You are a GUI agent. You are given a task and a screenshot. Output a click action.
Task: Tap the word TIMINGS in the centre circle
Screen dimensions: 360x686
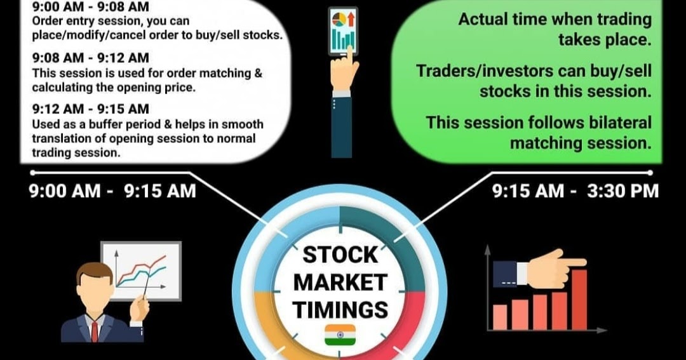[340, 309]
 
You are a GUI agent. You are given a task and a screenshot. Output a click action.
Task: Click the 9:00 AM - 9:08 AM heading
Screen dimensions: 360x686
[90, 8]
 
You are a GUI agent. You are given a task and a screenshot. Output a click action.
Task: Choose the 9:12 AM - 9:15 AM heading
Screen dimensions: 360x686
[90, 110]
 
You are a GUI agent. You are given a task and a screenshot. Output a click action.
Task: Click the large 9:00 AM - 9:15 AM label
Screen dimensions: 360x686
[112, 190]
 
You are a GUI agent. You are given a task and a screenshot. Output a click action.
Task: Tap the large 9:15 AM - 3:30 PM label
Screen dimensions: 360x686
[576, 190]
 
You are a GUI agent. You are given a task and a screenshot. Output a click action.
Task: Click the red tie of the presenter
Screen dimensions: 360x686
[95, 331]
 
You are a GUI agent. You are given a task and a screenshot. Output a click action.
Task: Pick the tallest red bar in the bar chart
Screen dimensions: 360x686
[579, 299]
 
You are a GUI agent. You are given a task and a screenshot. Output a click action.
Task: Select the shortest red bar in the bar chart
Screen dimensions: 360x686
[500, 317]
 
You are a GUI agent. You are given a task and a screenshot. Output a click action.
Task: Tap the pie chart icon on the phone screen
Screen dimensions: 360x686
[337, 17]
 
